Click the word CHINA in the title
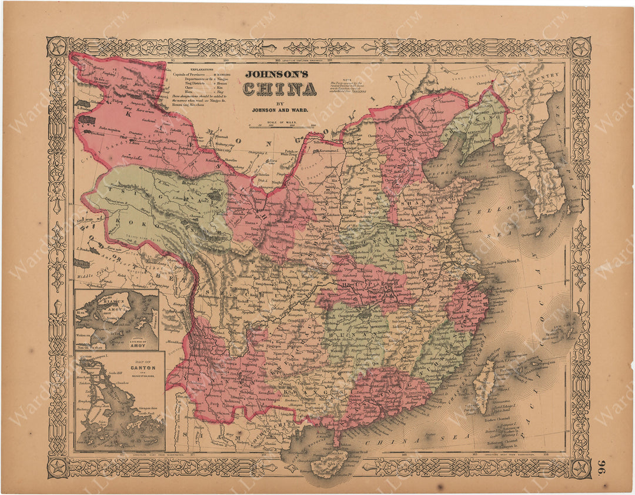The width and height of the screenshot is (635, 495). click(280, 89)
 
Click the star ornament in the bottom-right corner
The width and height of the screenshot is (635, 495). click(580, 467)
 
